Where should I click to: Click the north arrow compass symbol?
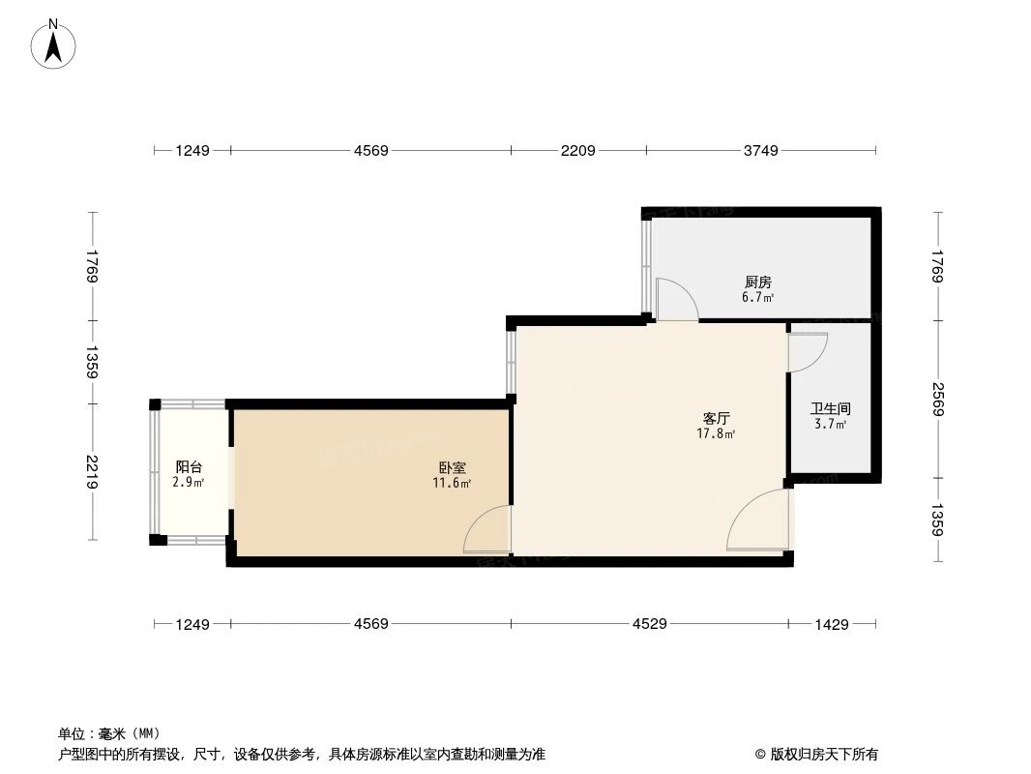pyautogui.click(x=54, y=44)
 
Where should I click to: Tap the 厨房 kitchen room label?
pyautogui.click(x=757, y=282)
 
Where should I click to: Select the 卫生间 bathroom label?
pyautogui.click(x=830, y=409)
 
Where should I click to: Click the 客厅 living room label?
pyautogui.click(x=716, y=419)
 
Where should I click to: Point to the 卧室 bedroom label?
pyautogui.click(x=452, y=467)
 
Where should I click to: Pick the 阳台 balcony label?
pyautogui.click(x=189, y=466)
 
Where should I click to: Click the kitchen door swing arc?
pyautogui.click(x=676, y=299)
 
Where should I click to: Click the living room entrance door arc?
pyautogui.click(x=756, y=520)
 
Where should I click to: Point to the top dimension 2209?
pyautogui.click(x=578, y=150)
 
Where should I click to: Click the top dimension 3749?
pyautogui.click(x=761, y=150)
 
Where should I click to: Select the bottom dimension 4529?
pyautogui.click(x=650, y=624)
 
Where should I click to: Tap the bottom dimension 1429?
pyautogui.click(x=832, y=624)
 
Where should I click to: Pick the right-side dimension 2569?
pyautogui.click(x=937, y=399)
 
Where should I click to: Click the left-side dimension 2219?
pyautogui.click(x=93, y=471)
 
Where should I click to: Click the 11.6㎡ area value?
pyautogui.click(x=452, y=483)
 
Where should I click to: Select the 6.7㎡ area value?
pyautogui.click(x=757, y=297)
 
